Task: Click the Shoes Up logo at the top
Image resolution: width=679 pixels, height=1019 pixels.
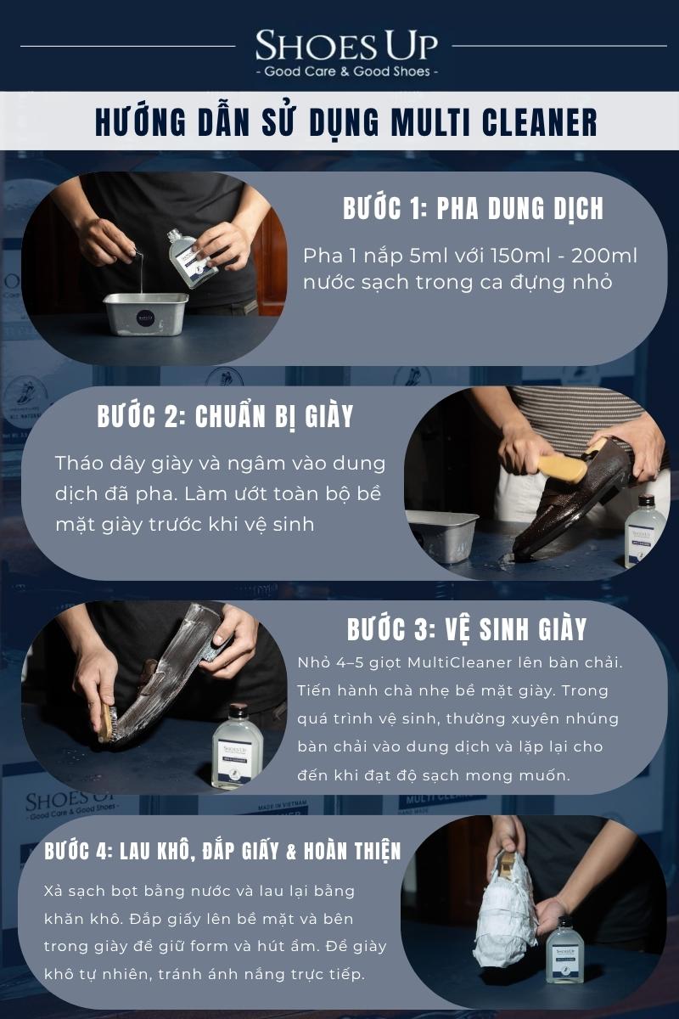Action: tap(346, 46)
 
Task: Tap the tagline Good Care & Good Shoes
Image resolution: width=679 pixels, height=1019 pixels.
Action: tap(347, 71)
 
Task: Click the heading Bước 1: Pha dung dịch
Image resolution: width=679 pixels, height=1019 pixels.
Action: tap(473, 208)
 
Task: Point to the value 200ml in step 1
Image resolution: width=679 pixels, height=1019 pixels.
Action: tap(604, 256)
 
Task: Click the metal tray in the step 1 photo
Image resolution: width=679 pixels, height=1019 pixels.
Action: tap(146, 313)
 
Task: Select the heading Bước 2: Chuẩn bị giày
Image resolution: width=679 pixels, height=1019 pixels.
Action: tap(225, 416)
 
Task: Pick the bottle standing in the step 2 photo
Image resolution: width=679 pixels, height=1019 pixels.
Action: tap(645, 531)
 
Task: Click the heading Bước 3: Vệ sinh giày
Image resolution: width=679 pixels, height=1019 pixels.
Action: tap(467, 628)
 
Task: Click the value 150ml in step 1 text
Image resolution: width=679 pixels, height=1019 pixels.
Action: tap(519, 256)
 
